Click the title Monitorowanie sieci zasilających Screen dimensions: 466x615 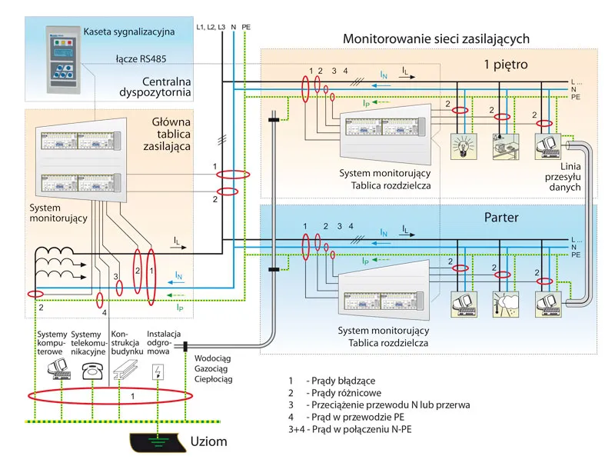click(x=436, y=38)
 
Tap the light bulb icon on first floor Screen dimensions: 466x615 click(x=463, y=145)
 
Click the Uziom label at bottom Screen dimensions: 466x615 click(x=209, y=443)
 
